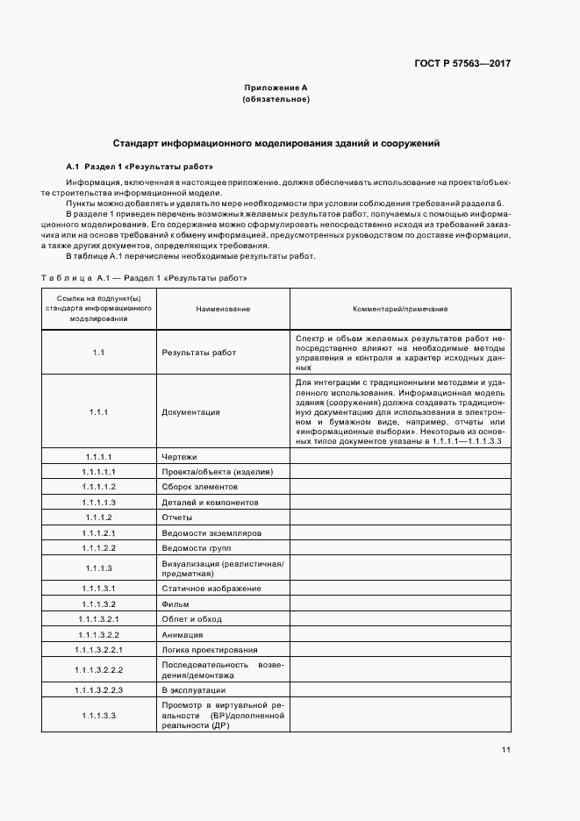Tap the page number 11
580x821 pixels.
(x=506, y=749)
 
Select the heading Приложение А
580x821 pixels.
(x=276, y=89)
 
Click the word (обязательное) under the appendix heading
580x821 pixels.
(x=276, y=100)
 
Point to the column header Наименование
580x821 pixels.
(x=204, y=309)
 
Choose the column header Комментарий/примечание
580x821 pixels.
(x=400, y=309)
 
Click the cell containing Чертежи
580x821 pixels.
(x=180, y=457)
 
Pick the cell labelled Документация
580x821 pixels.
(x=191, y=411)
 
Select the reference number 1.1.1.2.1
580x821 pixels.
(x=99, y=532)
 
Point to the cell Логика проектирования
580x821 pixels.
(x=210, y=650)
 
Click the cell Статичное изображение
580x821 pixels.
(x=211, y=589)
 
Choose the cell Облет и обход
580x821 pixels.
(x=192, y=619)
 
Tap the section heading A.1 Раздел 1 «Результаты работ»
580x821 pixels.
(x=140, y=166)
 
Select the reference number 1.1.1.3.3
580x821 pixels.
(x=99, y=716)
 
